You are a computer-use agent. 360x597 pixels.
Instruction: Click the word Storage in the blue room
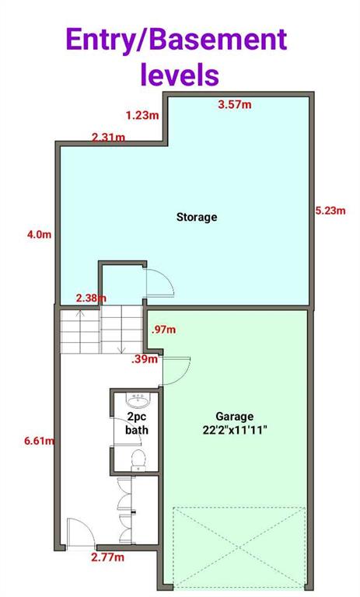click(x=197, y=218)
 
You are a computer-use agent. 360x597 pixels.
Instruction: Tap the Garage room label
click(x=234, y=417)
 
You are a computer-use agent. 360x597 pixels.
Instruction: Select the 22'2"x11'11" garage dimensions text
click(x=235, y=430)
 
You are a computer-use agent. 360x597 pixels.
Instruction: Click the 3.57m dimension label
click(x=235, y=104)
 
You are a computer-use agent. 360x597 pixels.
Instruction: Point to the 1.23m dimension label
click(x=142, y=115)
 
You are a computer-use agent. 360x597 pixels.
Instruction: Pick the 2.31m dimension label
click(x=109, y=137)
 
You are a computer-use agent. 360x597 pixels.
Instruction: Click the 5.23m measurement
click(x=330, y=211)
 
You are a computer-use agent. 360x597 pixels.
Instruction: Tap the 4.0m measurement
click(x=39, y=235)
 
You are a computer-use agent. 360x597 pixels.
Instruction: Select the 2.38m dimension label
click(x=91, y=298)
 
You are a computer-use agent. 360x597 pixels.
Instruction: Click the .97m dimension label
click(x=163, y=330)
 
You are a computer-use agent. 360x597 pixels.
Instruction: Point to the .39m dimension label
click(x=145, y=359)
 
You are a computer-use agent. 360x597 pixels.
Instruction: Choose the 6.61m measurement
click(x=39, y=441)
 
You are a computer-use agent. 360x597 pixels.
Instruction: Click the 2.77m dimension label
click(x=107, y=557)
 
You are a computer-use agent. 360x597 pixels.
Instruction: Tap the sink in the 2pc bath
click(x=138, y=400)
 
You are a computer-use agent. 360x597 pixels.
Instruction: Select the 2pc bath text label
click(x=137, y=424)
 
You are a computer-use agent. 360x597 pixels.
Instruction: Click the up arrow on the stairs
click(x=80, y=330)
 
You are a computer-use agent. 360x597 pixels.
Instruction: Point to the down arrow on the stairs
click(x=121, y=331)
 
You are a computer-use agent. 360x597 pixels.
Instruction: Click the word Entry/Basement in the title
click(x=177, y=40)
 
